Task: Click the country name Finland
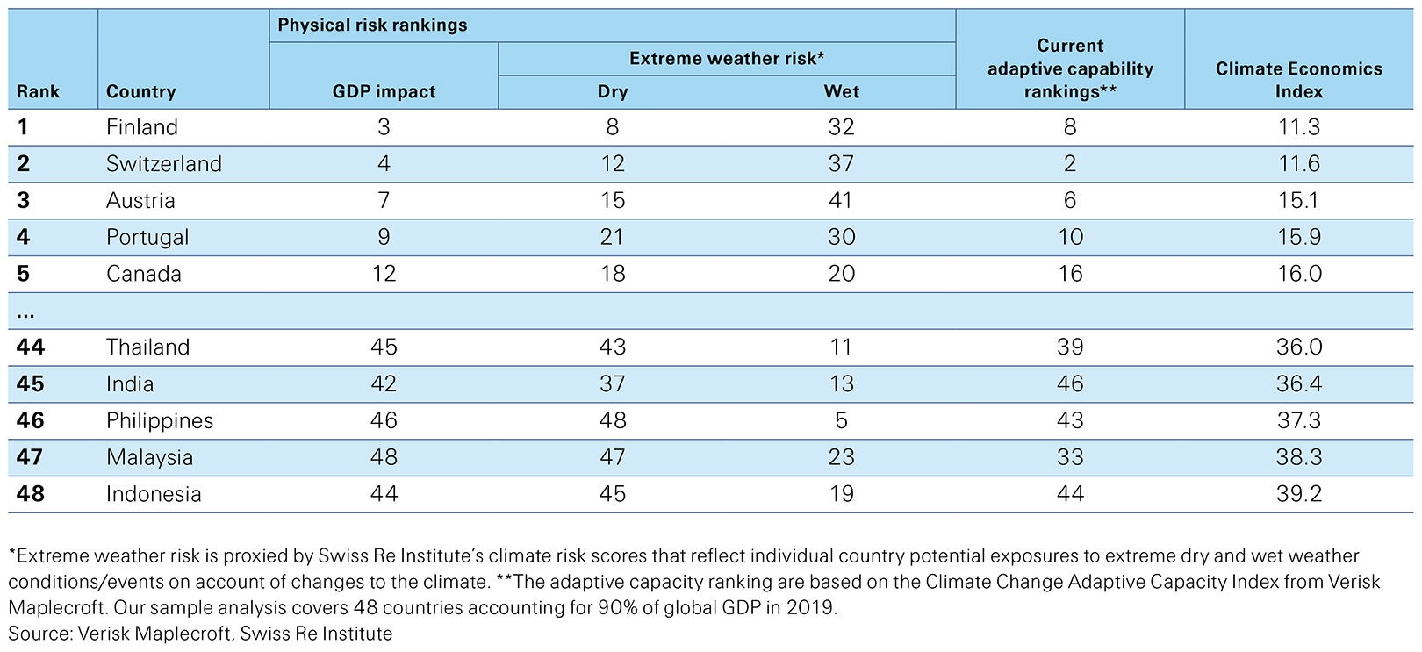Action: tap(141, 127)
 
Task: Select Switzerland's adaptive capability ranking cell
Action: tap(1069, 164)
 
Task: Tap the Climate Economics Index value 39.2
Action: tap(1298, 494)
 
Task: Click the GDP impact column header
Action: tap(384, 91)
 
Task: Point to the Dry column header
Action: tap(612, 91)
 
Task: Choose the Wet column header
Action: tap(841, 91)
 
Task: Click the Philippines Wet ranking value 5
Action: tap(841, 420)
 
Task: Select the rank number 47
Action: tap(30, 457)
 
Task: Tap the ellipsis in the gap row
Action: tap(25, 312)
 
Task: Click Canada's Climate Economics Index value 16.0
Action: tap(1298, 274)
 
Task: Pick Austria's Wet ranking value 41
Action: tap(841, 201)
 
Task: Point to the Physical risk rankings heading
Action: tap(372, 25)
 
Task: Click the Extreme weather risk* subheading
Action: tap(726, 58)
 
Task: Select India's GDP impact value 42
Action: tap(384, 384)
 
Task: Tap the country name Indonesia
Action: tap(154, 494)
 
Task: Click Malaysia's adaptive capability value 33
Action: tap(1069, 457)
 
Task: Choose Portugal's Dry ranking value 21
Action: tap(612, 237)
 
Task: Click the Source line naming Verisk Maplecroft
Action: tap(200, 633)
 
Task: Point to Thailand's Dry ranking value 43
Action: tap(612, 347)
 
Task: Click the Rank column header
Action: tap(38, 91)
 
